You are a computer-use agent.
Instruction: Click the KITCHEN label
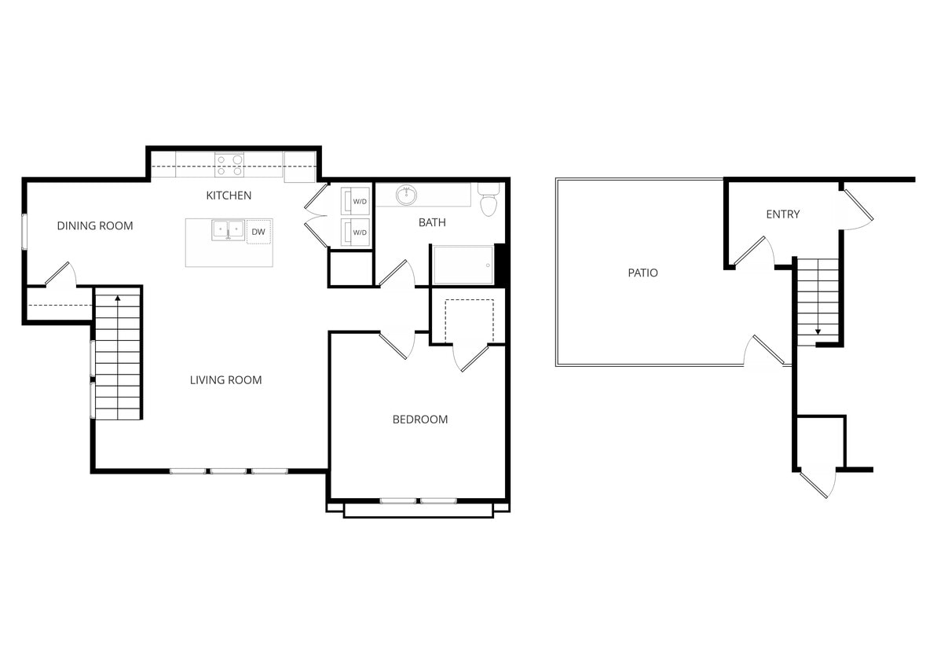(229, 195)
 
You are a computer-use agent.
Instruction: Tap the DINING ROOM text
(95, 226)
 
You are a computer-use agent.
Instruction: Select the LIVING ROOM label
(225, 380)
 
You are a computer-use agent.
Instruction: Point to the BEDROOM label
(420, 419)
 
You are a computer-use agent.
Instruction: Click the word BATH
(432, 223)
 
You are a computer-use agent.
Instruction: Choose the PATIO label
(642, 273)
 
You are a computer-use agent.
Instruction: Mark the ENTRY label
(782, 214)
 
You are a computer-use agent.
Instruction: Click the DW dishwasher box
(258, 231)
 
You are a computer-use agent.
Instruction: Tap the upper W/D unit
(355, 201)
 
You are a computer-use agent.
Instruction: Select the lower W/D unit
(355, 233)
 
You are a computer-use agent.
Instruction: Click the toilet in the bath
(489, 202)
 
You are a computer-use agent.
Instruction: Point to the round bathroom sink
(406, 195)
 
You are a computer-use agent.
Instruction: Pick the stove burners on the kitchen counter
(229, 165)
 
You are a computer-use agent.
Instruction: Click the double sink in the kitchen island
(229, 230)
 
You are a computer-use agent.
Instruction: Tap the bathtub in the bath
(463, 265)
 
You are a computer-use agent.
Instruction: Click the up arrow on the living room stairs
(118, 299)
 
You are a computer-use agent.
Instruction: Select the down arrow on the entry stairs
(818, 331)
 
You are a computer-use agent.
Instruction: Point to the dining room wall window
(24, 232)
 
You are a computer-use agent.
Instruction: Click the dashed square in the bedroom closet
(469, 321)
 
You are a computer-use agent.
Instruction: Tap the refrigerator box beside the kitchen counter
(299, 166)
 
